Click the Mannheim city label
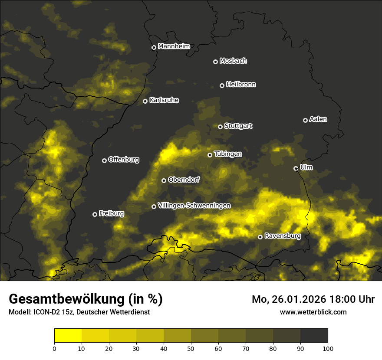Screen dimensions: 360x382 [174, 46]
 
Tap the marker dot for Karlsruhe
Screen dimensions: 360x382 [145, 101]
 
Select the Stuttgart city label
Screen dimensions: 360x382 [238, 126]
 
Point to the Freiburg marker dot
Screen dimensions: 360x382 [95, 214]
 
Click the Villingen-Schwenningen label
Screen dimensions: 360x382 [194, 206]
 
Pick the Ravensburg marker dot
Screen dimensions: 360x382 [260, 237]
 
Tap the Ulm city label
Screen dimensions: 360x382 [306, 167]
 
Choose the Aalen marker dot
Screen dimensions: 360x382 [305, 120]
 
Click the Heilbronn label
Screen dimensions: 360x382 [241, 85]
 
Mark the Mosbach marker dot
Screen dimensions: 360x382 [215, 62]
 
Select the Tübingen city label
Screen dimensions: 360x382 [228, 154]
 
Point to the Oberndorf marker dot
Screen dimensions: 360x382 [164, 180]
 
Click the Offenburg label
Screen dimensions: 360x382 [124, 160]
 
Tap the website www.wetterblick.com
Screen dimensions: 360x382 [313, 312]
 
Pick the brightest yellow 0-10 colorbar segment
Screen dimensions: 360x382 [68, 336]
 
